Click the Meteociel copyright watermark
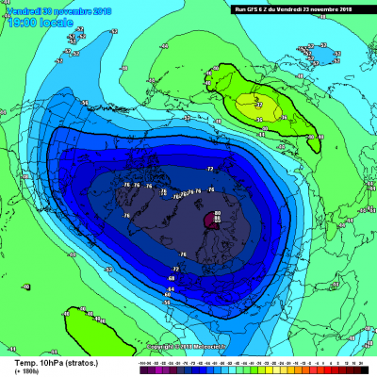(x=188, y=333)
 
